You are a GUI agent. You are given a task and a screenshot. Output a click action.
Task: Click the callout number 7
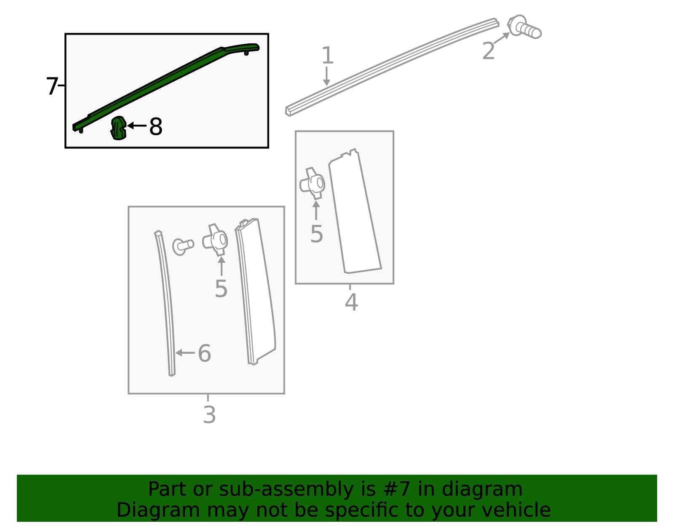(x=52, y=86)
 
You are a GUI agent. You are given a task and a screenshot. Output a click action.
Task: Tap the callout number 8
(x=156, y=126)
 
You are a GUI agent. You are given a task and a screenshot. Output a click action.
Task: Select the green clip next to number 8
(x=118, y=128)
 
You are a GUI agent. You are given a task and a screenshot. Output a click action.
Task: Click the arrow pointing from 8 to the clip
(x=137, y=125)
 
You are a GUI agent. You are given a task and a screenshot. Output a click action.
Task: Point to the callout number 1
(x=327, y=56)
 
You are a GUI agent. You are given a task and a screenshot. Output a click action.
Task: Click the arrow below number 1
(x=326, y=76)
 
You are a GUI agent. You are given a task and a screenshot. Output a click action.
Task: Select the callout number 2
(x=489, y=51)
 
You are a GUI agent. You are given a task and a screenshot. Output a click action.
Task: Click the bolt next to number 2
(x=524, y=27)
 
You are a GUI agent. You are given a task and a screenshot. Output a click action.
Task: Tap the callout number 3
(x=209, y=415)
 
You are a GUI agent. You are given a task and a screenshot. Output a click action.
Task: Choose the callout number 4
(x=351, y=302)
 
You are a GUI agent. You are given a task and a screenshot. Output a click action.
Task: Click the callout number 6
(x=204, y=353)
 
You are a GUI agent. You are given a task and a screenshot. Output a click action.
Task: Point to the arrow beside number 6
(x=185, y=353)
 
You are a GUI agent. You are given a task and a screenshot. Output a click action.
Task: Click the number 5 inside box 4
(x=317, y=234)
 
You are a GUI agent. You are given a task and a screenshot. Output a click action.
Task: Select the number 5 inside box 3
(x=221, y=289)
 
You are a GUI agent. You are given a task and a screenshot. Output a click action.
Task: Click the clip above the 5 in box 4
(x=313, y=184)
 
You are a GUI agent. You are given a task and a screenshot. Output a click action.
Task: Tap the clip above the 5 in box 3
(x=215, y=240)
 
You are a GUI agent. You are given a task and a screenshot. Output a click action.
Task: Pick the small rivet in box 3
(x=183, y=247)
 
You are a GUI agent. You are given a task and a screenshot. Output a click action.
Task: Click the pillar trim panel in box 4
(x=355, y=212)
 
